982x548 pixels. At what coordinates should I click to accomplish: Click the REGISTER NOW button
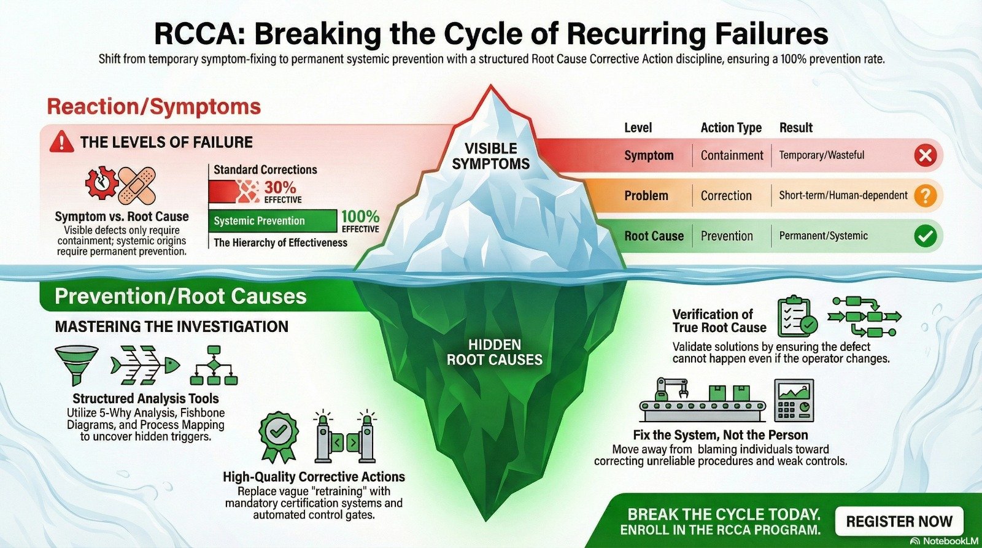899,522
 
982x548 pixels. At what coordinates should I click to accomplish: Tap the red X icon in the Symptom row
925,156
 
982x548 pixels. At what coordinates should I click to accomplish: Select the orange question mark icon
925,196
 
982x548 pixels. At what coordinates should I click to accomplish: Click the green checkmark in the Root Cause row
925,236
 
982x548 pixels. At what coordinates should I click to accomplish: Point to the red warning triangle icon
61,142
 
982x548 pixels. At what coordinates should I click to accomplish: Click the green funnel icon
76,363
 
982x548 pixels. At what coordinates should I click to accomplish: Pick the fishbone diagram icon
145,365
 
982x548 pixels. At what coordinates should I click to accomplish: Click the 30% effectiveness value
280,188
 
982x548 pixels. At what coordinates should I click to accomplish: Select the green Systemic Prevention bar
273,221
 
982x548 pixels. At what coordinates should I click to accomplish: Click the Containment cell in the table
732,156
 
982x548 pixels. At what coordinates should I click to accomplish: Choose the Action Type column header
731,128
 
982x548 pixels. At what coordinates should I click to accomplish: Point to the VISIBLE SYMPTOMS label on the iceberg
490,156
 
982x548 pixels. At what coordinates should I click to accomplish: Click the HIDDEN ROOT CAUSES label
494,352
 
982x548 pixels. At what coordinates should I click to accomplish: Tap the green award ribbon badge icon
279,436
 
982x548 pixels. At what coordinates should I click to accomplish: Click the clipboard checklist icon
796,317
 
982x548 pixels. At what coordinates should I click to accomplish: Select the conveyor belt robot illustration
702,399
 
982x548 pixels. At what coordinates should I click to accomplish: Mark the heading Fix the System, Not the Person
720,435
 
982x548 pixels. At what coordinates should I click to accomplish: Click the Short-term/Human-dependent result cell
843,196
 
